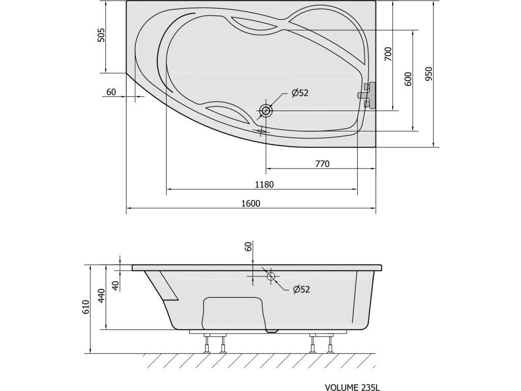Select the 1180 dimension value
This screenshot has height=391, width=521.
264,184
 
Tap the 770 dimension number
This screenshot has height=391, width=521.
322,163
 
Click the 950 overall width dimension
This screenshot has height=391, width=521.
428,75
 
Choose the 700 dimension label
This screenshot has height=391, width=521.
388,53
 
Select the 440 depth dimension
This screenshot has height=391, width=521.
101,296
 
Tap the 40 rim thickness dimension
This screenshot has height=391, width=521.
115,286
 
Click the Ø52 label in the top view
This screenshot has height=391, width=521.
300,93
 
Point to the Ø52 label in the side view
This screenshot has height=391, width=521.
301,289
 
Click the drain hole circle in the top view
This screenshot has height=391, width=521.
266,110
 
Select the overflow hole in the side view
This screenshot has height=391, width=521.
271,276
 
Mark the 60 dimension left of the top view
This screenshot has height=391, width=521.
111,92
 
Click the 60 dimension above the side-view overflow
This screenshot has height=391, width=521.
248,247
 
